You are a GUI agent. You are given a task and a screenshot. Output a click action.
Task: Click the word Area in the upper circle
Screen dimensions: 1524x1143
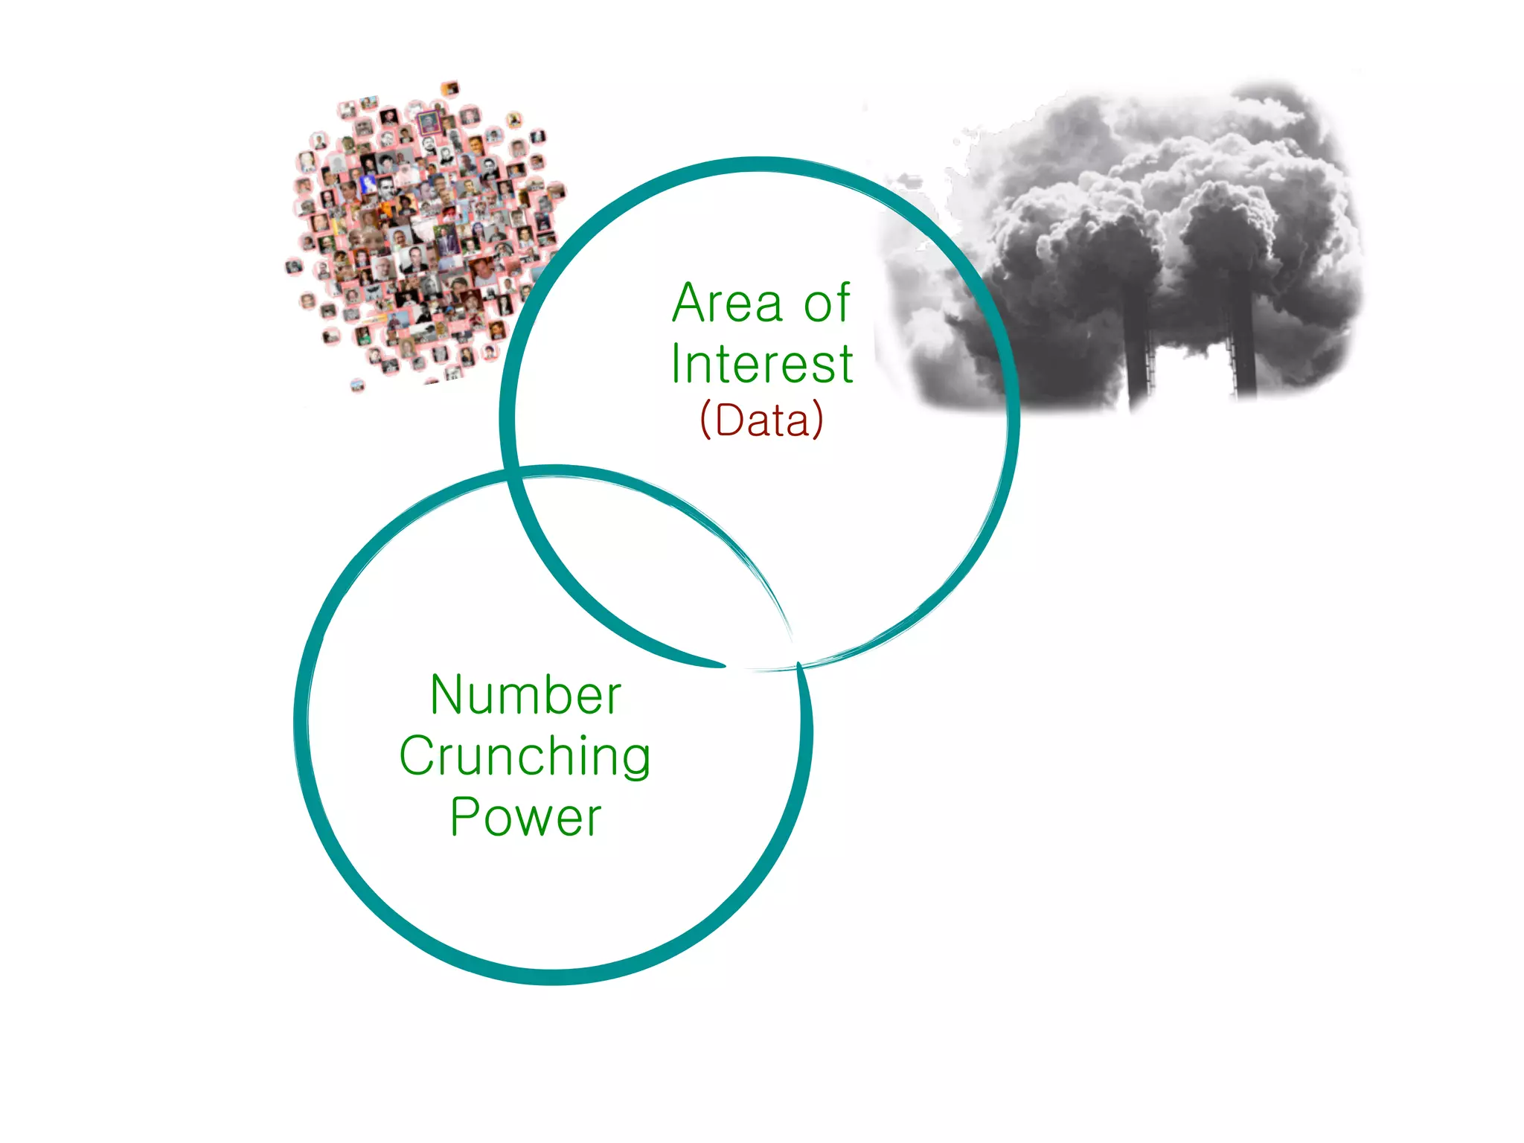pos(727,304)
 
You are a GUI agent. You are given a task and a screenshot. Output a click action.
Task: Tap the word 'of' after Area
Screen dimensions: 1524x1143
pos(826,304)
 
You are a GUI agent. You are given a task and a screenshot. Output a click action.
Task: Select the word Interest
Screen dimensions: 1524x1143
pos(761,365)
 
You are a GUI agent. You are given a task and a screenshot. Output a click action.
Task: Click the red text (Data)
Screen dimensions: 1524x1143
pos(761,420)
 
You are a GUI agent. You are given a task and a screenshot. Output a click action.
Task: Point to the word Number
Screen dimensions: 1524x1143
pos(525,696)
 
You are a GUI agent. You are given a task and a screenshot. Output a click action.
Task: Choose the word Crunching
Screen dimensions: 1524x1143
pos(525,757)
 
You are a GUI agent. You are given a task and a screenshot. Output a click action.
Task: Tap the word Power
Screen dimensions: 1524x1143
pos(525,818)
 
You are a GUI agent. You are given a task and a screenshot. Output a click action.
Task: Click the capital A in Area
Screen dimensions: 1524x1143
pos(689,304)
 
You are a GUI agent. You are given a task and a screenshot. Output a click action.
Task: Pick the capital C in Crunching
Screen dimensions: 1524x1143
pos(417,755)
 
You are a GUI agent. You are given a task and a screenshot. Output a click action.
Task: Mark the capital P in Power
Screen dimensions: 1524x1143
pos(466,817)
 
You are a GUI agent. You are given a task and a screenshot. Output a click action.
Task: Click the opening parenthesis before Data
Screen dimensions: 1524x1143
pos(706,420)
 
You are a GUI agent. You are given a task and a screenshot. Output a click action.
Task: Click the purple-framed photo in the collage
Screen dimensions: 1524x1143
pos(428,123)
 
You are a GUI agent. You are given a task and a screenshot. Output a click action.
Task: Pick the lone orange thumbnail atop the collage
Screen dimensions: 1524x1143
pos(450,89)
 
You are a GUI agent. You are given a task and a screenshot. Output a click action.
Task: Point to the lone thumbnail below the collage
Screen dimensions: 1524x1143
pos(358,385)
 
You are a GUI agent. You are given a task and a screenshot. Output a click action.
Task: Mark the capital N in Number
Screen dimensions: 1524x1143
pos(445,696)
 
